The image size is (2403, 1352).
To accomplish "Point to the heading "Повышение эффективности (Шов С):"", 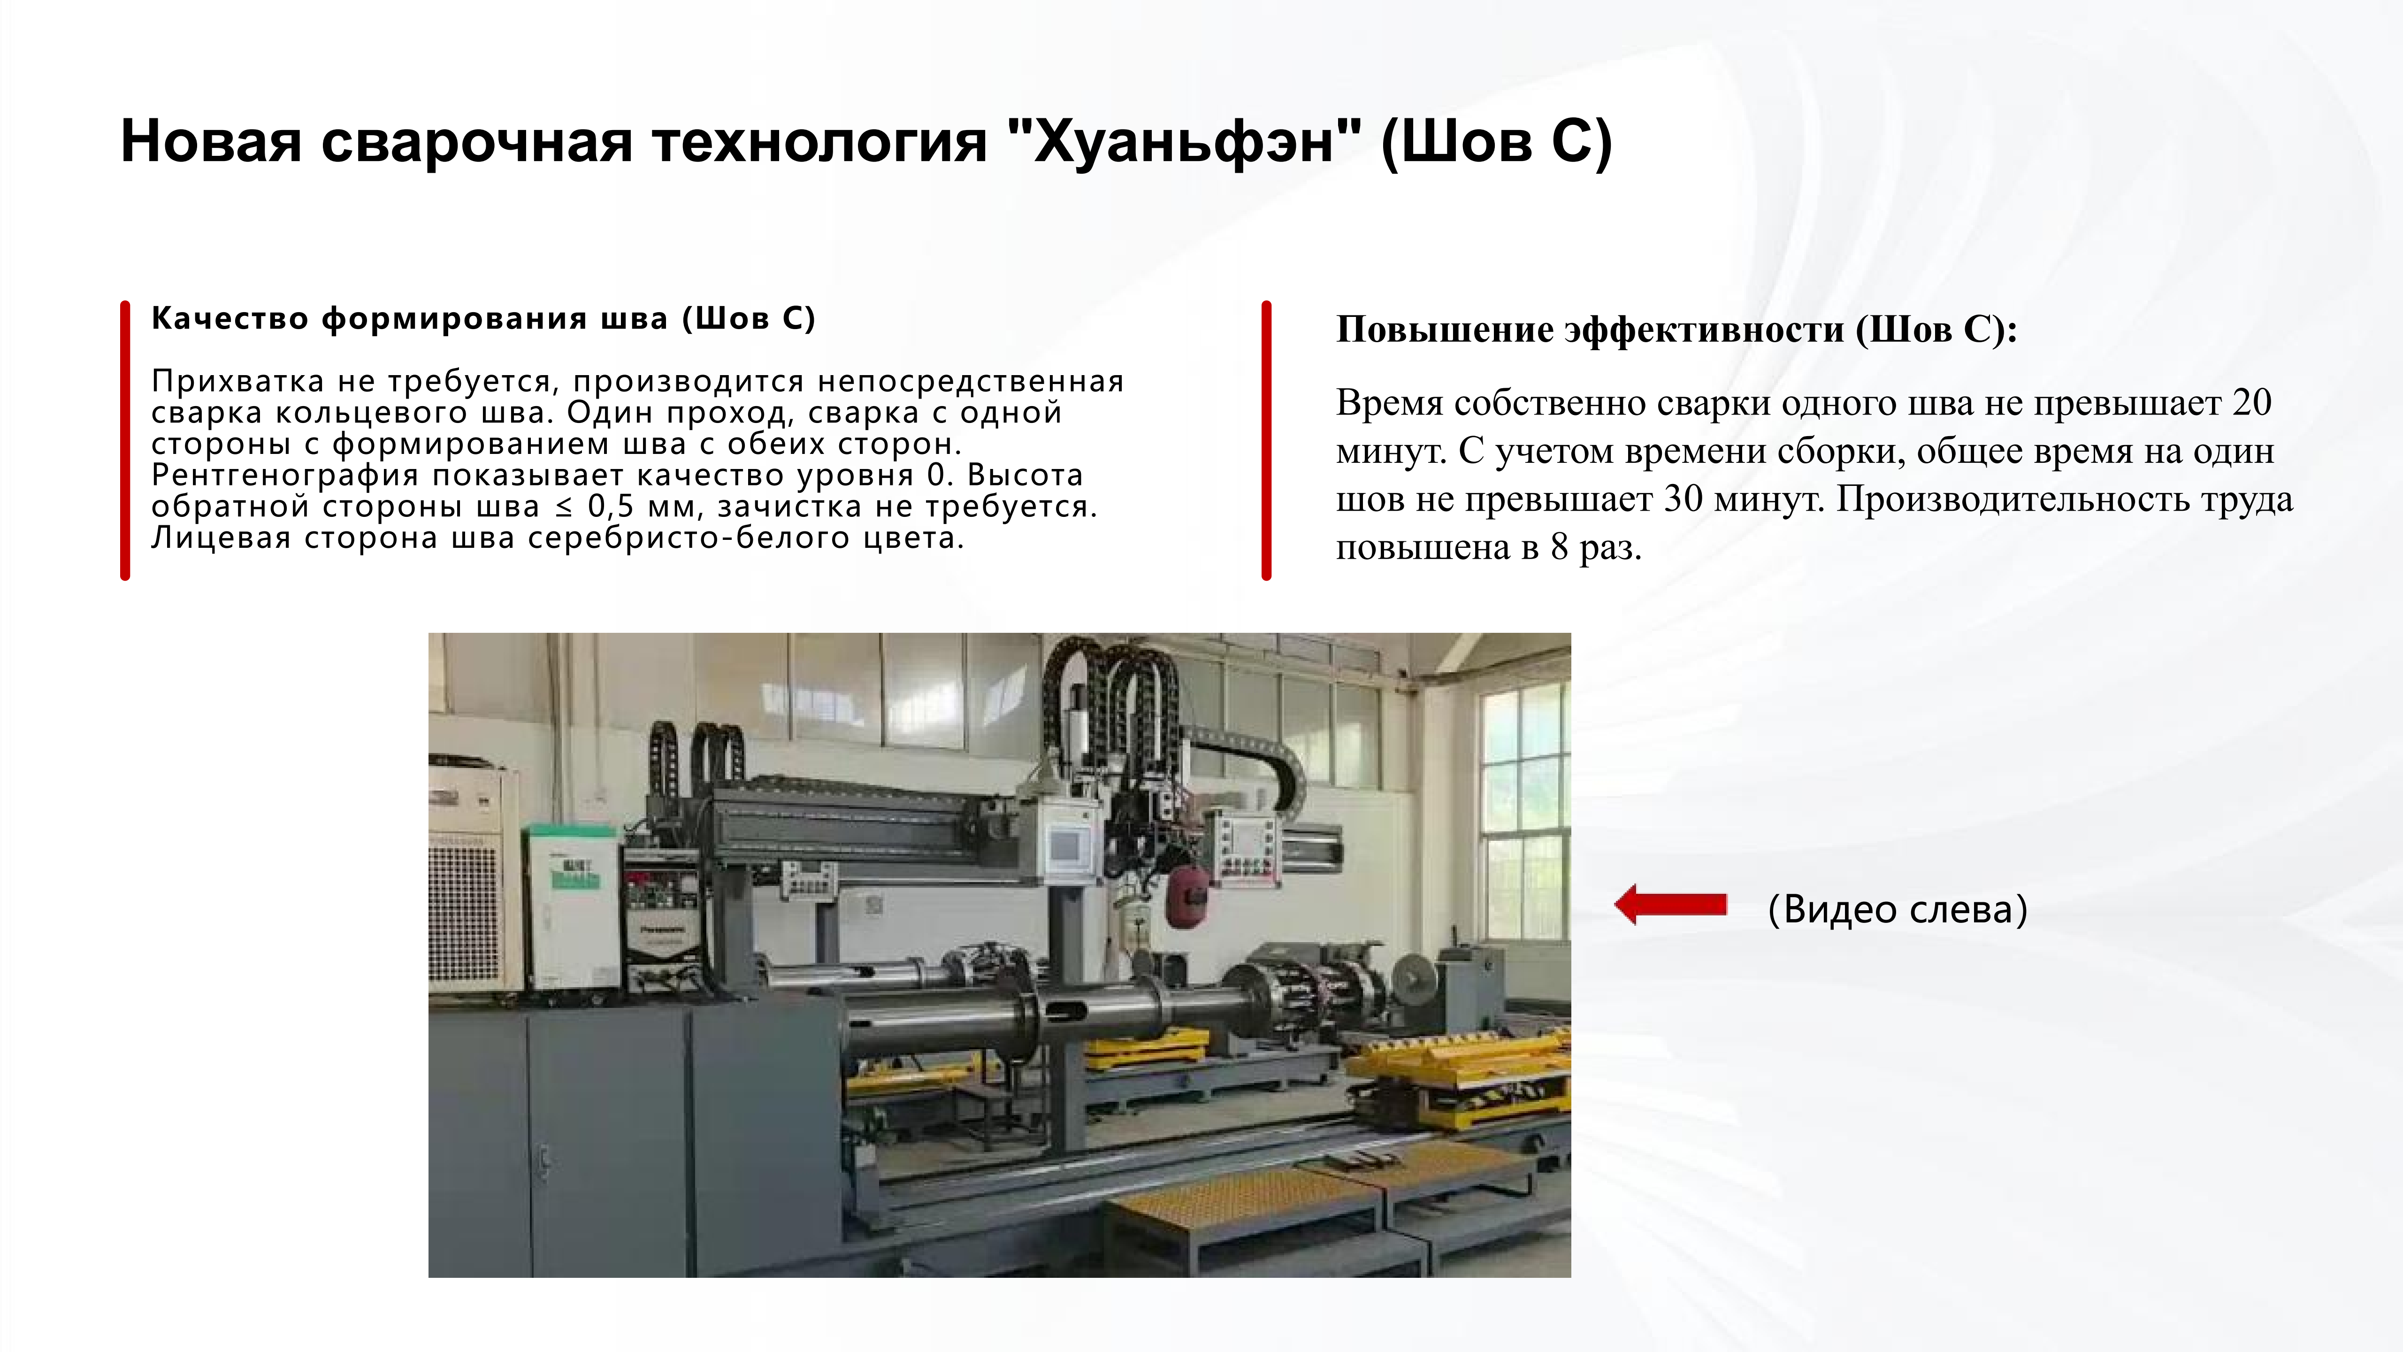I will click(1676, 330).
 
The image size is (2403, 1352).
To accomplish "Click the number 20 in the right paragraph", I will click(2251, 403).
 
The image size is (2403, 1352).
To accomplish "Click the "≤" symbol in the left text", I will click(563, 507).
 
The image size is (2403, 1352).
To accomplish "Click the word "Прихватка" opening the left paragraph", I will click(237, 382).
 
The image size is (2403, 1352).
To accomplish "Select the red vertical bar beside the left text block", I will click(125, 440).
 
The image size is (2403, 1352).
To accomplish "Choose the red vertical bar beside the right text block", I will click(1266, 440).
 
